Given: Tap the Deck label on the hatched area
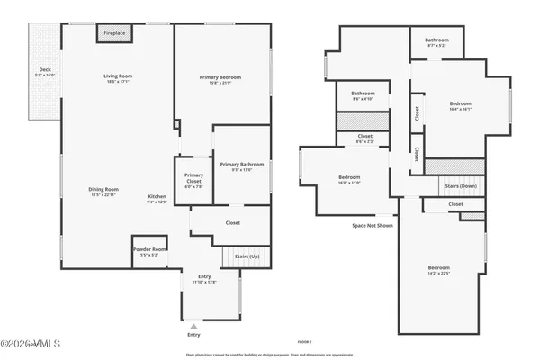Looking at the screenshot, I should tap(44, 70).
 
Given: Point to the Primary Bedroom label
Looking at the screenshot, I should tap(220, 78).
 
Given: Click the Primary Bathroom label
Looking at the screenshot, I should tap(241, 165).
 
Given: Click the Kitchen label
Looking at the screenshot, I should tap(157, 197).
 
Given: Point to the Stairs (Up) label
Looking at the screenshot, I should tap(247, 256).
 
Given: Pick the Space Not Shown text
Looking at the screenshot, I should tap(372, 225).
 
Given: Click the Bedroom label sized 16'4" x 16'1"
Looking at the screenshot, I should tap(460, 104).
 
